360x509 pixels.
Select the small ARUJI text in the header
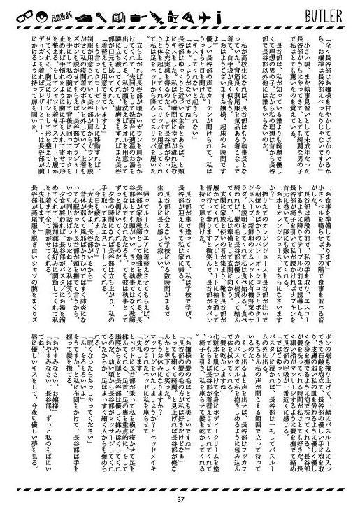(60, 13)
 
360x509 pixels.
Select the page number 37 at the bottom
(180, 499)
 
